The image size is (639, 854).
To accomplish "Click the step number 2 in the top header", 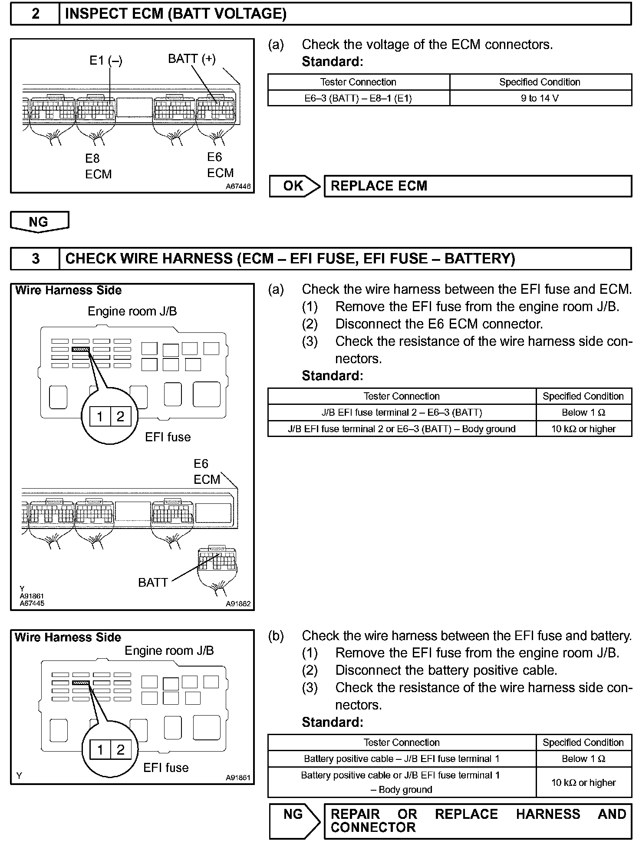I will coord(35,14).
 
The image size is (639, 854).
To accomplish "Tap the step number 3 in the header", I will coord(35,259).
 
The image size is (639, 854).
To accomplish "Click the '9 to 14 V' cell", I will coord(540,98).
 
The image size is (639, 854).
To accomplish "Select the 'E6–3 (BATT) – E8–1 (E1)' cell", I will coord(358,98).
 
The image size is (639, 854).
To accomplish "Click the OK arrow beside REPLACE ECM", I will coord(294,186).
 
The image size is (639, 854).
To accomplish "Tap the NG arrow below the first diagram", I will coord(39,222).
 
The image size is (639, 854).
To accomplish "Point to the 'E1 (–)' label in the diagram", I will coord(106,60).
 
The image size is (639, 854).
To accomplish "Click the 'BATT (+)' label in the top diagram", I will coord(191,59).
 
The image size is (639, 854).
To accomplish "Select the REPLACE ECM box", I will coord(478,186).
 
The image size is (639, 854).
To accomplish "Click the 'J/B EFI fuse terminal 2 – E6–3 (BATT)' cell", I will coord(402,412).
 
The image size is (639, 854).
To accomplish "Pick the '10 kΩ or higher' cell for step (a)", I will coord(583,429).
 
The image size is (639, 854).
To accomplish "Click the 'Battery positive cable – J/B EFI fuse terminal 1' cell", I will coord(402,759).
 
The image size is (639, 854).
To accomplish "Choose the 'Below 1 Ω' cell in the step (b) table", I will coord(583,759).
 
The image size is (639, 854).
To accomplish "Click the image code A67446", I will coord(238,187).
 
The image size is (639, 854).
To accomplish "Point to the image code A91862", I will coord(238,604).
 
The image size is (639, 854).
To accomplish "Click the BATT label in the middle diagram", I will coord(153,582).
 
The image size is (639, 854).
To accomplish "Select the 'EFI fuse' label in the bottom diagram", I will coord(166,768).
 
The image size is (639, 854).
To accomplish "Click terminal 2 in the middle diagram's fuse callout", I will coord(120,417).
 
